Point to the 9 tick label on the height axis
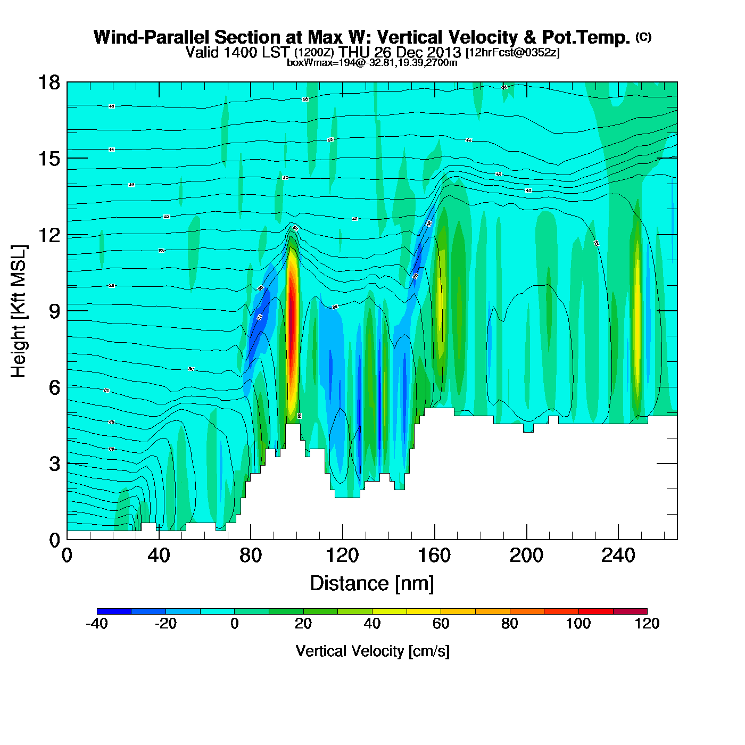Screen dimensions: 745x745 54,311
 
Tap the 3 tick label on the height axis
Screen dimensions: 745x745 54,464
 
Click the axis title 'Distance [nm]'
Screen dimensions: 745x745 372,584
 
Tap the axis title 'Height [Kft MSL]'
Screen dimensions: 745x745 19,311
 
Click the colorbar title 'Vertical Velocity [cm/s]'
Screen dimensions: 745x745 372,651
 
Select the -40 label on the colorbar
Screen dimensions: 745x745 96,624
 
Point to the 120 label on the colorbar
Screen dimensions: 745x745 647,624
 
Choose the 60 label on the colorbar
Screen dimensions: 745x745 441,624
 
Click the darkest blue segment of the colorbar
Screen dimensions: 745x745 114,611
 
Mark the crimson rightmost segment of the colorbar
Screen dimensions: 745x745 630,611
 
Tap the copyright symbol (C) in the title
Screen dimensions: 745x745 643,37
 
